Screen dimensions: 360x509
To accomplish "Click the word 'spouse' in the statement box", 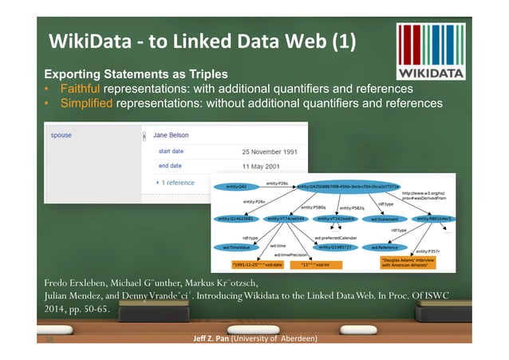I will click(61, 136).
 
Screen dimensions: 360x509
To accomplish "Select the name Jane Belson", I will click(171, 136).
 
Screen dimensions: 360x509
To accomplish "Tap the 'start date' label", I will click(175, 150).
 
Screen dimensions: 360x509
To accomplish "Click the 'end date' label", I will click(170, 166).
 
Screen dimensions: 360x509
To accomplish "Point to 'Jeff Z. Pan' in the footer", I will click(208, 338).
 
